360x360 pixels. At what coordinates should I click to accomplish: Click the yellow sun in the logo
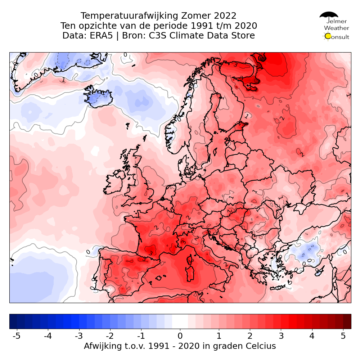coord(328,36)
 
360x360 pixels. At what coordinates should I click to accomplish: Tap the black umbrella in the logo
coord(329,15)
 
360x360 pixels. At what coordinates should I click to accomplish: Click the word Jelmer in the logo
coord(337,21)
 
